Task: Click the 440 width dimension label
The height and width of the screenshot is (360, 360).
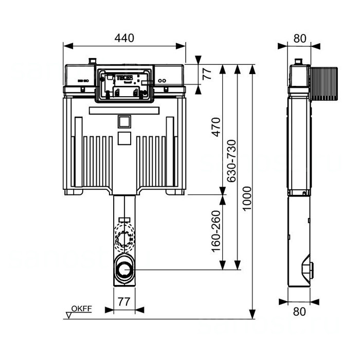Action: [124, 38]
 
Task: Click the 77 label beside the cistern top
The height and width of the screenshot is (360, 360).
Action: [207, 74]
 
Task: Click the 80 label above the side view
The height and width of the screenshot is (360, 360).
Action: [299, 38]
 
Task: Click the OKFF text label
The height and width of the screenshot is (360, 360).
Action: [81, 309]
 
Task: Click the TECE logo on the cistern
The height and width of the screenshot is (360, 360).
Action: [125, 78]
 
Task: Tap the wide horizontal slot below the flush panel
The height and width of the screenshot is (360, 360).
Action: [124, 110]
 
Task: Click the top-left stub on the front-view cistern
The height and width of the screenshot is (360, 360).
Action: [93, 61]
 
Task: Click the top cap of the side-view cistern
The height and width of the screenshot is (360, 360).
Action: [297, 63]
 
